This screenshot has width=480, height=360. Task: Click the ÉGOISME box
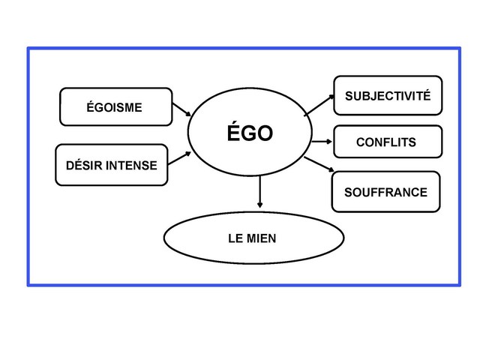tap(115, 107)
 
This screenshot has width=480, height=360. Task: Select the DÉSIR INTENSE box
tap(111, 165)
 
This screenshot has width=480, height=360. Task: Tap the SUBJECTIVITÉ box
tap(387, 95)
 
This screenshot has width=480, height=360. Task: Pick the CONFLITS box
tap(387, 142)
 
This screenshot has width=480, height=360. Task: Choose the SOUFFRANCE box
tap(385, 193)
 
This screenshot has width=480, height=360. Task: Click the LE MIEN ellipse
tap(253, 238)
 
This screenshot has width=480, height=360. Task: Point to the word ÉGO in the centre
tap(250, 134)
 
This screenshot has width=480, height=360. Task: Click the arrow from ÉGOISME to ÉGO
tap(181, 111)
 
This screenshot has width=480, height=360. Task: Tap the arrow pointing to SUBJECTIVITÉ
tap(319, 105)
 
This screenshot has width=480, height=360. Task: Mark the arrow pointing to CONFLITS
tap(321, 141)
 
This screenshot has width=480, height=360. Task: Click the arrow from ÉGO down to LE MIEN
tap(259, 190)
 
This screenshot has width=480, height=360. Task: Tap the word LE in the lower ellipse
tap(235, 238)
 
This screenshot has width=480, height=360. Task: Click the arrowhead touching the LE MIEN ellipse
tap(259, 205)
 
